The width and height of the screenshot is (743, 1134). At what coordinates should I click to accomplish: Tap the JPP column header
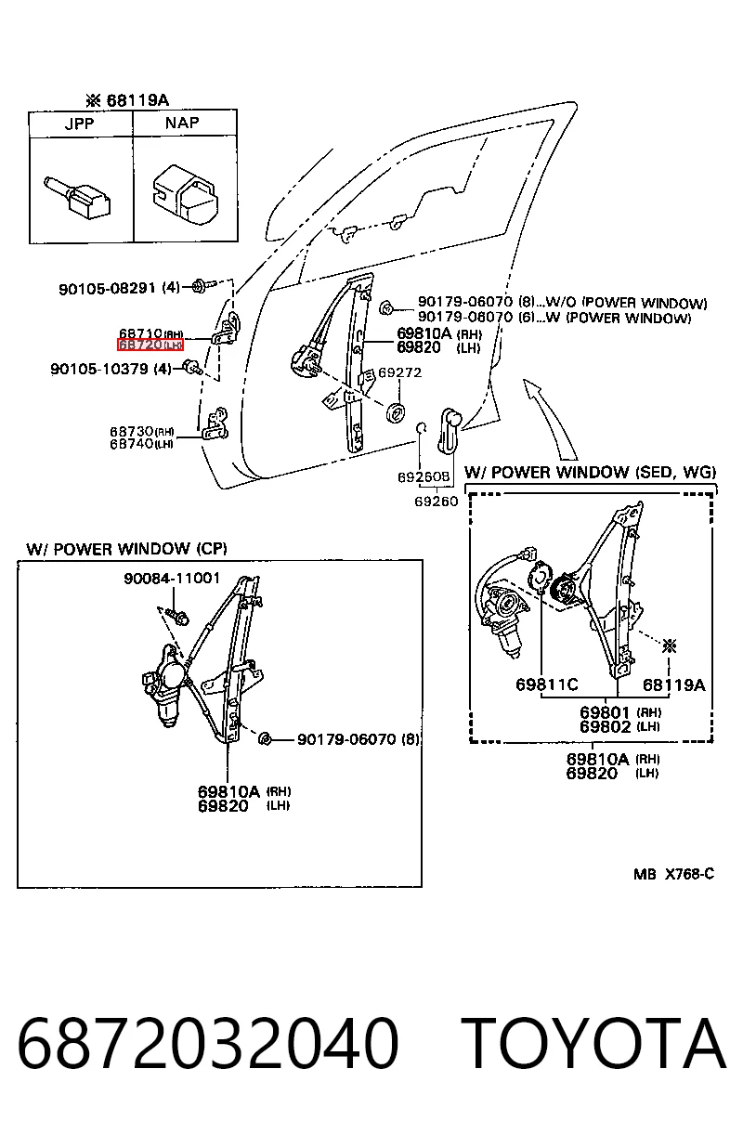pos(80,124)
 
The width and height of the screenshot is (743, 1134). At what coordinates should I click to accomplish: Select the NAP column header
pos(182,123)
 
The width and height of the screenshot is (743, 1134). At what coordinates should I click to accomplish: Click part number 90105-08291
pos(107,289)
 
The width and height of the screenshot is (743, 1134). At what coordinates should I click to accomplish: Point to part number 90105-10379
pos(98,369)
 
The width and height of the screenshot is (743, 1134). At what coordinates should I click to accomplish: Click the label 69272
pos(400,372)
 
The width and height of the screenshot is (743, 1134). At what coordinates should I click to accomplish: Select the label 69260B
pos(424,476)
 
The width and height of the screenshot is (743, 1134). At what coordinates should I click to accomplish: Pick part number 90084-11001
pos(172,578)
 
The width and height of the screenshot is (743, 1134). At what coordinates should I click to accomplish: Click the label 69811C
pos(547,685)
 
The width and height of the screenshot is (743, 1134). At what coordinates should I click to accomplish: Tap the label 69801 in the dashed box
pos(606,712)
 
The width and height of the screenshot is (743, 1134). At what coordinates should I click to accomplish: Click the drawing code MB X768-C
pos(673,874)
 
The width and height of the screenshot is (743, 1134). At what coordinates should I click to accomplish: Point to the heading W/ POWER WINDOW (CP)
pos(126,549)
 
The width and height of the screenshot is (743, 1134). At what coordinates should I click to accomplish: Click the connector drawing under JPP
pos(77,198)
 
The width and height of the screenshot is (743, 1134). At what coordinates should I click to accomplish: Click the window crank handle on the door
pos(449,430)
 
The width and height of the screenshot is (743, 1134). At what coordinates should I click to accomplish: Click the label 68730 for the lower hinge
pos(132,432)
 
